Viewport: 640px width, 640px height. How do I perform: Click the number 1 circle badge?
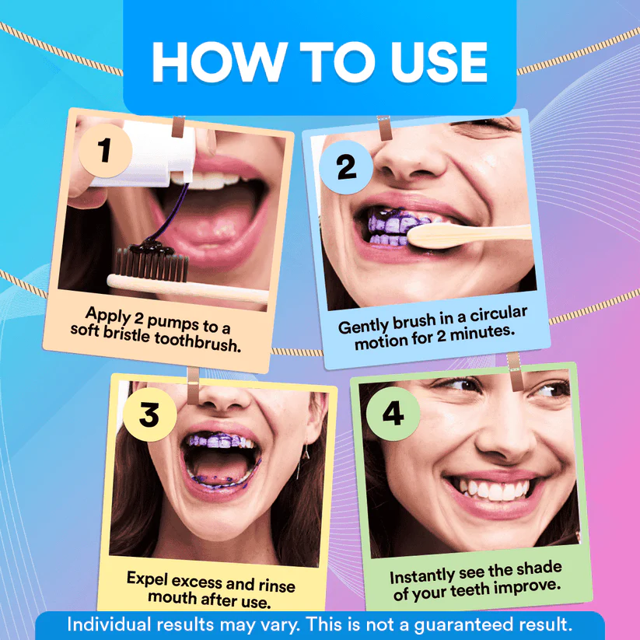104,150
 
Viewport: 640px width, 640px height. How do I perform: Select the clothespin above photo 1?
179,124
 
